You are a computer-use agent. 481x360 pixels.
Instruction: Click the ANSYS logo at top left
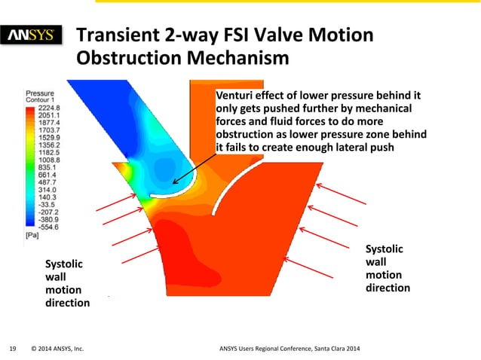35,35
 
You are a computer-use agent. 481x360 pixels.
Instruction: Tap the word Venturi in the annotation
236,96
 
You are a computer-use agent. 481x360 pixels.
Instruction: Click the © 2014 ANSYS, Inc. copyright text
57,349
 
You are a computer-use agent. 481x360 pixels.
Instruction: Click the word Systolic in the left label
66,263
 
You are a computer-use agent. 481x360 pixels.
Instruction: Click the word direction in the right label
388,288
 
